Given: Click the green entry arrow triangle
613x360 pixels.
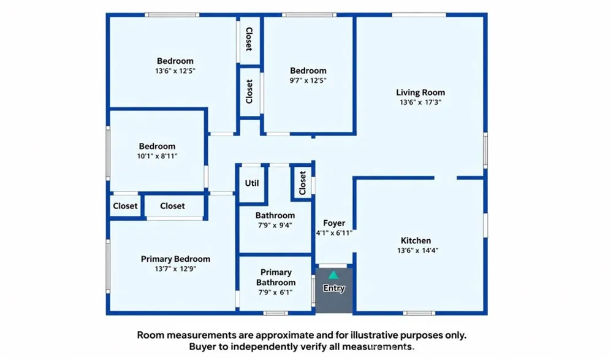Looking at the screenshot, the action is click(x=333, y=275).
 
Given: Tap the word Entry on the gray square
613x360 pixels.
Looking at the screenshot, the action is click(x=334, y=288).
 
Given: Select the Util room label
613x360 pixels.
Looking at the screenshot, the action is click(x=252, y=183).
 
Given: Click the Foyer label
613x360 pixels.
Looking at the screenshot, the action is click(x=334, y=223).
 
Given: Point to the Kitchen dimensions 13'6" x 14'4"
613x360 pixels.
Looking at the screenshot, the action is click(x=418, y=250).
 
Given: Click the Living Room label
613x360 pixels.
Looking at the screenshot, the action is click(x=421, y=93).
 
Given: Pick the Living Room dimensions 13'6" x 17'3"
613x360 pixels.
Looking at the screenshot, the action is click(x=421, y=102).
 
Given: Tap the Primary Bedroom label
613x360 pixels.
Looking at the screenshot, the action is click(x=175, y=259).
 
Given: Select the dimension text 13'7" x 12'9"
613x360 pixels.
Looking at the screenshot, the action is click(x=175, y=269).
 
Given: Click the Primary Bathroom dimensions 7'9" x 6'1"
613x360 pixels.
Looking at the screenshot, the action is click(x=275, y=293).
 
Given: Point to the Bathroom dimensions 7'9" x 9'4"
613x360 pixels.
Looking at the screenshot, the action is click(x=275, y=226).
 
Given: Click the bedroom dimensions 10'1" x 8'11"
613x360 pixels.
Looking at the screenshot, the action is click(x=157, y=156).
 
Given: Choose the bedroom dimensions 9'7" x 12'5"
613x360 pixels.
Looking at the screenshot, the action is click(x=308, y=80).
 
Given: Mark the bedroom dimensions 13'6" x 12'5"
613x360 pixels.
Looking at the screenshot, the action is click(x=175, y=71).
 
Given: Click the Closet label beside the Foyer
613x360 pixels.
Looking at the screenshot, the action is click(x=302, y=183).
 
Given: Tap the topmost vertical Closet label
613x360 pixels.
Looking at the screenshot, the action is click(x=249, y=39).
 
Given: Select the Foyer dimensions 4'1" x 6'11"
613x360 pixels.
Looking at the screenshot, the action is click(x=334, y=233).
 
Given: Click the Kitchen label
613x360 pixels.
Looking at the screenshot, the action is click(x=416, y=240).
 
